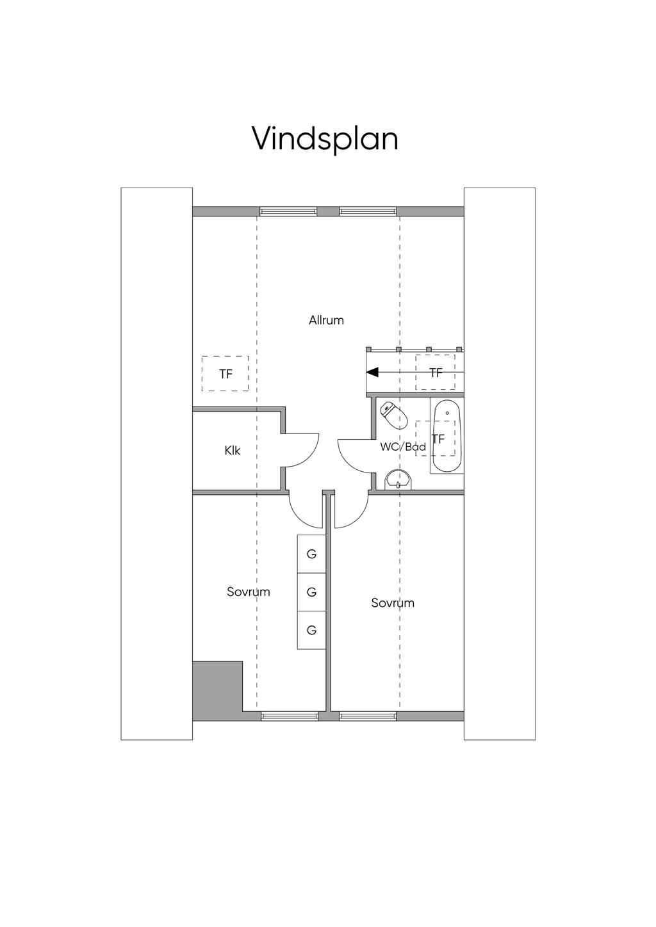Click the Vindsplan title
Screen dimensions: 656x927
(x=325, y=140)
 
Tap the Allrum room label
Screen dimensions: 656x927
(x=326, y=320)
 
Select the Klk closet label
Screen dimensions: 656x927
(x=233, y=450)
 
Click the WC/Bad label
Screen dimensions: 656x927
(x=403, y=447)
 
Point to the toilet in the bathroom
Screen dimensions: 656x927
(x=394, y=415)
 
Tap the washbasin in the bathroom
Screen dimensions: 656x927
(x=399, y=481)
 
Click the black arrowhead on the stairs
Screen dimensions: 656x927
(x=372, y=372)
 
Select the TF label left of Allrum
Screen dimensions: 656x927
(x=225, y=374)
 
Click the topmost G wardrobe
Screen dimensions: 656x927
(x=311, y=554)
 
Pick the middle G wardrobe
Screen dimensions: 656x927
(x=311, y=592)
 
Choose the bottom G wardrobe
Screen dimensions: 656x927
(x=311, y=631)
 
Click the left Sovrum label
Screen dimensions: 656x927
(x=249, y=592)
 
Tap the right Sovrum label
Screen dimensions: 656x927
(x=393, y=603)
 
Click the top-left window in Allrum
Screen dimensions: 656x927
(x=288, y=211)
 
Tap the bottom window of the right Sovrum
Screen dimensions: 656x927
(x=368, y=716)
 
